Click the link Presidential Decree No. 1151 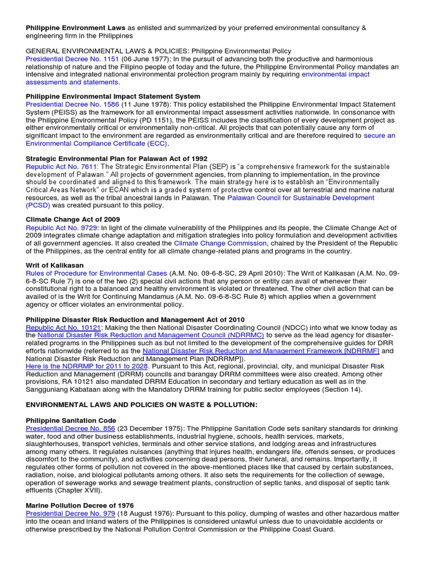tap(72, 59)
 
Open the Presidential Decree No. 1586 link tap(72, 104)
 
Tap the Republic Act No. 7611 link tap(62, 166)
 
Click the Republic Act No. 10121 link tap(63, 328)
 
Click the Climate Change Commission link tap(220, 244)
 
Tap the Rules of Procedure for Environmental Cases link tap(97, 273)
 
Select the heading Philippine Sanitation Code tap(71, 420)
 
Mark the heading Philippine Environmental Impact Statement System tap(113, 96)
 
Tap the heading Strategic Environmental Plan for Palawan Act tap(116, 159)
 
